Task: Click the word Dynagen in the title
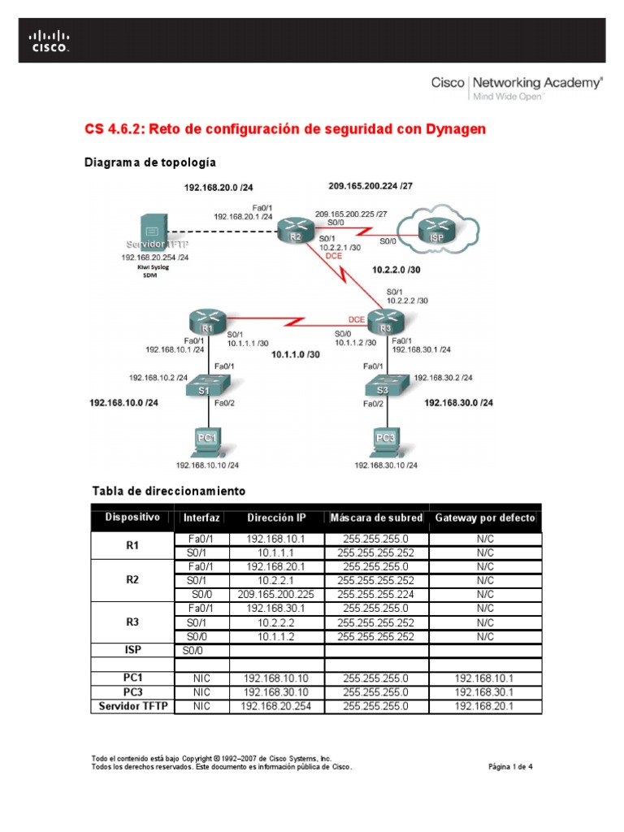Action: [x=452, y=130]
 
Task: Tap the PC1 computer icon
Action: [x=208, y=440]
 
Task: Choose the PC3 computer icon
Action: [x=385, y=440]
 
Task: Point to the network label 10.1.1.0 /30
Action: [x=296, y=355]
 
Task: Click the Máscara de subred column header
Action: [x=376, y=518]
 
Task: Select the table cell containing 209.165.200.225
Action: [x=276, y=594]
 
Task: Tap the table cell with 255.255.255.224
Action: [x=376, y=594]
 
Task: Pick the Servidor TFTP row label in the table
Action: [x=132, y=706]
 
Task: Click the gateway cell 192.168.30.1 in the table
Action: [x=485, y=691]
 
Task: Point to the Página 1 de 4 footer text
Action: [x=510, y=766]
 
